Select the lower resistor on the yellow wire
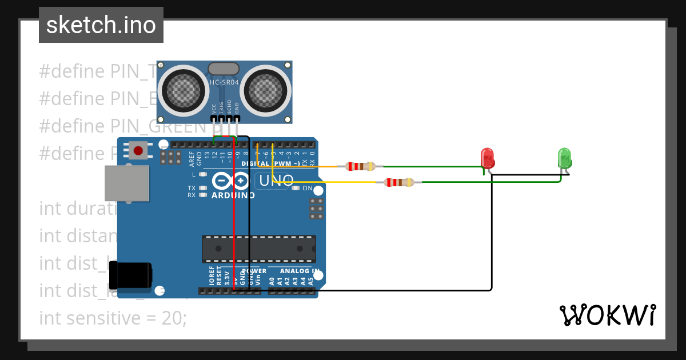tap(399, 182)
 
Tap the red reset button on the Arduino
tap(138, 151)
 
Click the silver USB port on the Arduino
tap(127, 183)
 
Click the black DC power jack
tap(130, 275)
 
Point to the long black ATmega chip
tap(258, 249)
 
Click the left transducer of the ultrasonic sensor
tap(184, 89)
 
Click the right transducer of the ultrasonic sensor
tap(266, 89)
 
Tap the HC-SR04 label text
tap(224, 82)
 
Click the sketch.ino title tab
tap(101, 25)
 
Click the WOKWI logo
tap(607, 315)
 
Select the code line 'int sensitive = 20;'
tap(113, 318)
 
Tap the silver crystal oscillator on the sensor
tap(224, 69)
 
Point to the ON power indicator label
tap(307, 188)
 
